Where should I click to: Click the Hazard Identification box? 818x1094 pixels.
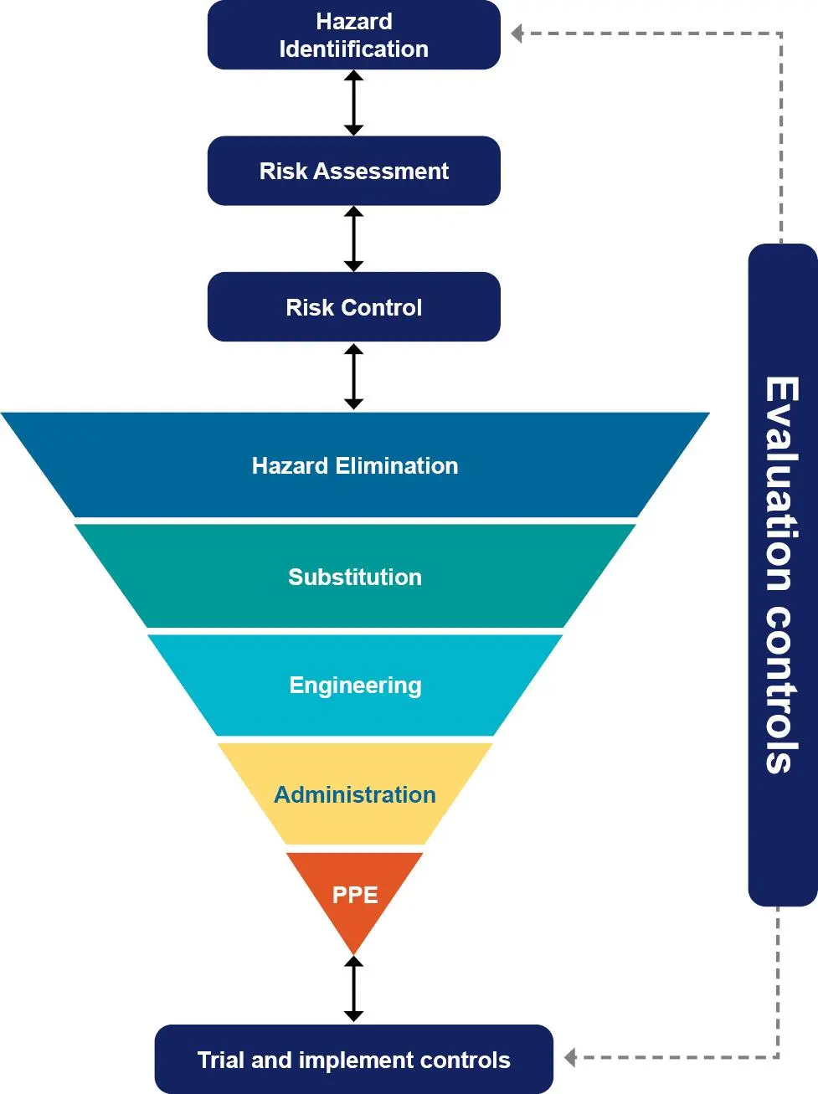354,35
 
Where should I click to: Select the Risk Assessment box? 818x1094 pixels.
354,171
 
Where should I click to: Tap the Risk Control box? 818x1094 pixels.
354,306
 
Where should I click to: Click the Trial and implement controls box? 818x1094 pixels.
354,1059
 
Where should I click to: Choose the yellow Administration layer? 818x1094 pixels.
355,794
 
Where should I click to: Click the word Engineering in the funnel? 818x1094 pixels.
355,686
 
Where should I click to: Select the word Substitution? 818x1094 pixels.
355,578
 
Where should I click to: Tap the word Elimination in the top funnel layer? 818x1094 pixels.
397,466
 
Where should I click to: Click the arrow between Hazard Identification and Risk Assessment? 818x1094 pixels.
353,103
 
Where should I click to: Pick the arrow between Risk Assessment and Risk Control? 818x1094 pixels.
353,239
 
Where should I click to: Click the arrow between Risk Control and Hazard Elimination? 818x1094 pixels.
353,377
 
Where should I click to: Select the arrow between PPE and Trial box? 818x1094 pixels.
353,989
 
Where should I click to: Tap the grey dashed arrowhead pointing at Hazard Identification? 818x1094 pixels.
517,33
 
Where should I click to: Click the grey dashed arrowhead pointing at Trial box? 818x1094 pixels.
570,1057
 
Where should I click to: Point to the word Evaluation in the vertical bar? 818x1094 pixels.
781,484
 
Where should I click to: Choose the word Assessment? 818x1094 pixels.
381,171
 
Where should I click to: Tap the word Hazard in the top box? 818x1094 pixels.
354,22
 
